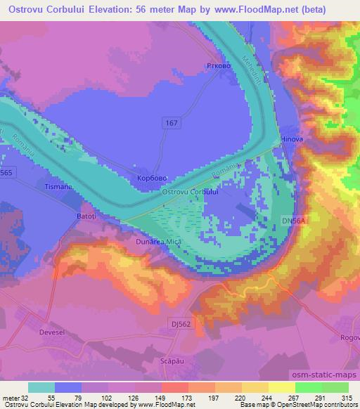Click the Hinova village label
[292, 140]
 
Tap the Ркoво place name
[218, 67]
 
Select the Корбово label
[152, 178]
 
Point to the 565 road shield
[7, 172]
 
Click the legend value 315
[345, 397]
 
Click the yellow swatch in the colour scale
[282, 387]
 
